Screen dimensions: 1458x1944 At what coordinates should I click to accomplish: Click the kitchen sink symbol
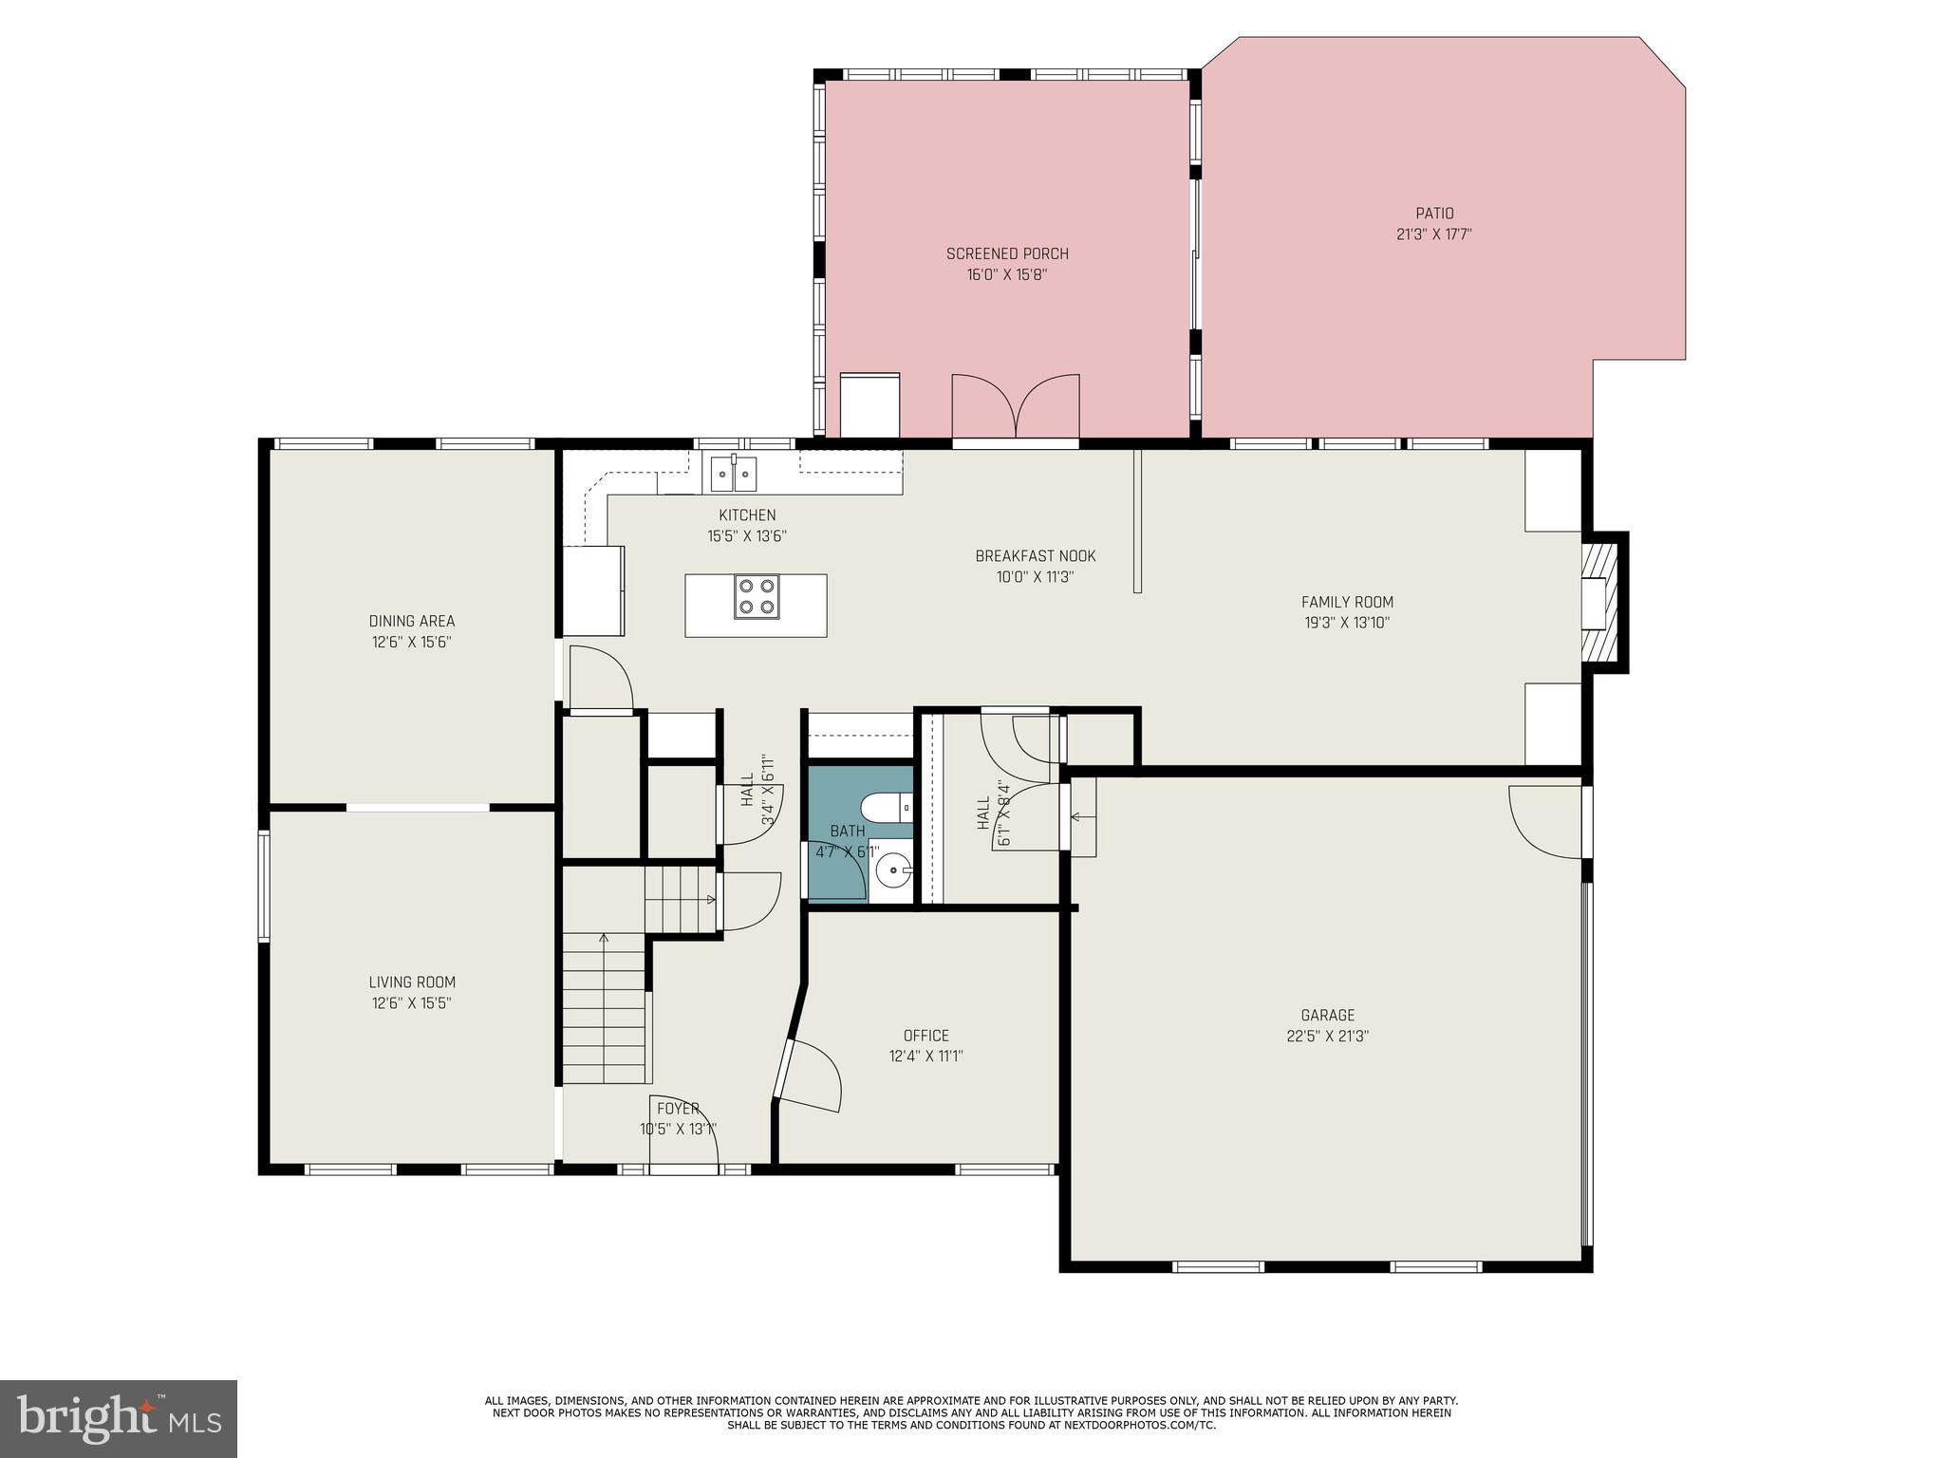[x=734, y=473]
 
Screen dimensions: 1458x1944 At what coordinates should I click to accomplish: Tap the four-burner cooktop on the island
[x=757, y=597]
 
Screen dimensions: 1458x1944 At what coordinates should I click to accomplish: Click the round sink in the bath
[x=893, y=869]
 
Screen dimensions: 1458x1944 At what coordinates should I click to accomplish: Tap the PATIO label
[x=1433, y=214]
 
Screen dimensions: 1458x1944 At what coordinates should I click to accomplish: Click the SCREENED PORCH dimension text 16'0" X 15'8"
[x=1006, y=274]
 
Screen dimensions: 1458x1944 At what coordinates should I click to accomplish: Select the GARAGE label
[x=1327, y=1015]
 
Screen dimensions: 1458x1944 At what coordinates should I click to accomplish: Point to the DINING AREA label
[x=412, y=621]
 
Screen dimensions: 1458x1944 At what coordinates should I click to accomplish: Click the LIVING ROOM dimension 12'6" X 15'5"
[x=412, y=1002]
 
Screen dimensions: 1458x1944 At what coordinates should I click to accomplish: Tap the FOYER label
[x=678, y=1108]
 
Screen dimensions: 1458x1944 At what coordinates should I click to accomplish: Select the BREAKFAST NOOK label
[x=1035, y=556]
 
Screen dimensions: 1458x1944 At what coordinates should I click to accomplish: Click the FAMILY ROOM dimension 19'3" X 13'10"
[x=1346, y=623]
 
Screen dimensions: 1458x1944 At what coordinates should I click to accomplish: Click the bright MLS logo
[x=119, y=1418]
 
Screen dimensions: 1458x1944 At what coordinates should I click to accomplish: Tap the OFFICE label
[x=925, y=1036]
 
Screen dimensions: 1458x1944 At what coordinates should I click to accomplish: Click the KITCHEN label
[x=746, y=515]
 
